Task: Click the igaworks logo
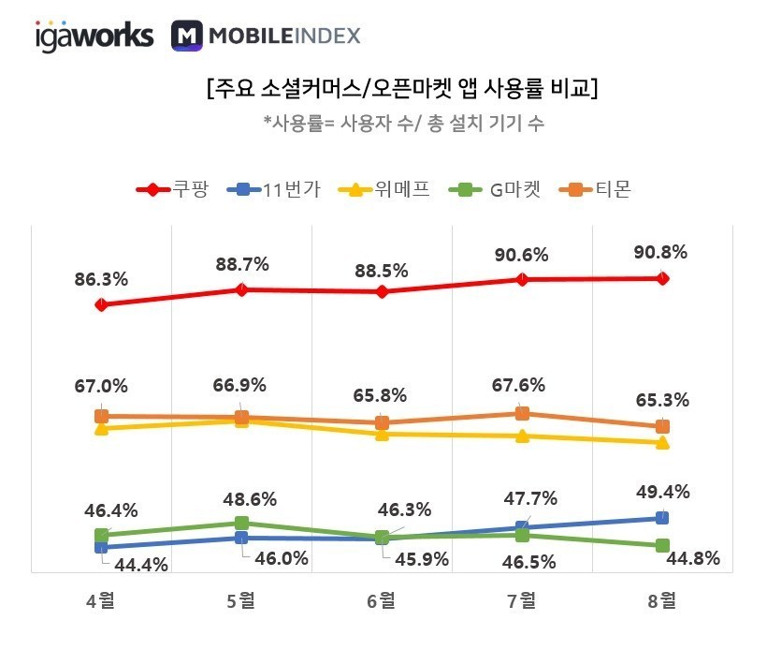point(94,36)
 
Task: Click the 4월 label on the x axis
point(101,601)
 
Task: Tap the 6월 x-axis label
point(382,601)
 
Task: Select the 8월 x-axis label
point(662,601)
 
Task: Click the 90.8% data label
point(661,251)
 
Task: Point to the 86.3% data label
point(101,278)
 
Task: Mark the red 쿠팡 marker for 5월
point(241,289)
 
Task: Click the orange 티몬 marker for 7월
point(522,413)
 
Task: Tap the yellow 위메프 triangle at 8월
point(662,442)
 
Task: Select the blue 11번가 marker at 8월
point(662,517)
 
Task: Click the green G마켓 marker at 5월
point(241,523)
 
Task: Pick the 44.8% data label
point(693,559)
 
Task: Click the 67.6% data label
point(521,386)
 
